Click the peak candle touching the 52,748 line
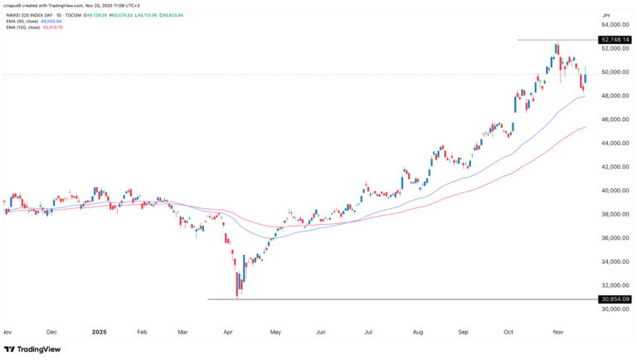click(x=557, y=50)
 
